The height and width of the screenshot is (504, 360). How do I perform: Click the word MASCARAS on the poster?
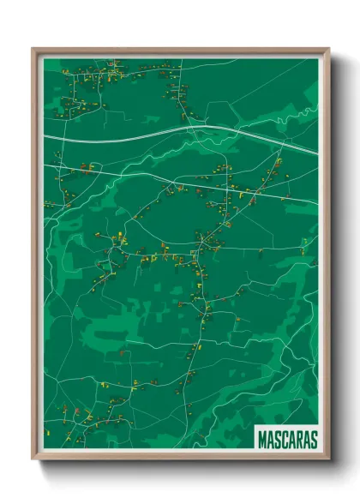tap(287, 439)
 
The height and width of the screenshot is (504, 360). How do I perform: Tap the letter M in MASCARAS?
tap(263, 439)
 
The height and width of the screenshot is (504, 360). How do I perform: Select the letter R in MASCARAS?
tap(298, 439)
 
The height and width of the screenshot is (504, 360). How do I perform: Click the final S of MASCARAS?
tap(313, 439)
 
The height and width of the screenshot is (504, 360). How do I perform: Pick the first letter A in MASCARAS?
tap(271, 439)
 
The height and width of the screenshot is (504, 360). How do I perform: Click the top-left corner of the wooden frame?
tap(33, 49)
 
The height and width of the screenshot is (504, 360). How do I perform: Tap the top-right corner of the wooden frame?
tap(328, 49)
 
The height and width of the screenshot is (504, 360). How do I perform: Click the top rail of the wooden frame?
tap(180, 50)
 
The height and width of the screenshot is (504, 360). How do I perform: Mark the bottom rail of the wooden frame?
tap(180, 458)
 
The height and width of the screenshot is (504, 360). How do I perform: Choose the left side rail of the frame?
tap(34, 257)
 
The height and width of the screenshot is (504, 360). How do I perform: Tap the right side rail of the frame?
tap(327, 257)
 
